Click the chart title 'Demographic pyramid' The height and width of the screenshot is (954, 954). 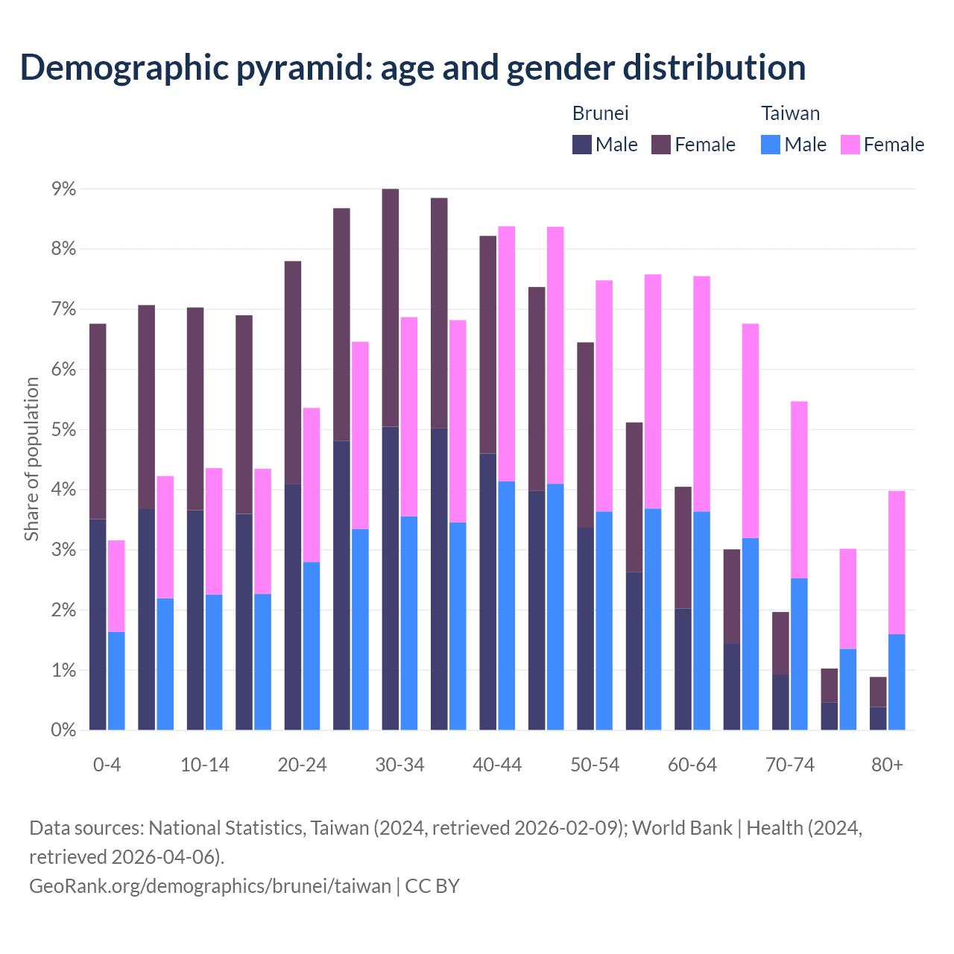(412, 68)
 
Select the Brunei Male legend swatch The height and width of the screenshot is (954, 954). (581, 145)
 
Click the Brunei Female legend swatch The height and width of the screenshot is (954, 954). (661, 145)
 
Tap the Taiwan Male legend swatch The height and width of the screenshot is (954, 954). (771, 145)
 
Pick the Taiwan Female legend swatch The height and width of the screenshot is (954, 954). (850, 145)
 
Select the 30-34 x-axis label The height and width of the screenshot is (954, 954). (399, 765)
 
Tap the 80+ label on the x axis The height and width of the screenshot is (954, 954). (887, 765)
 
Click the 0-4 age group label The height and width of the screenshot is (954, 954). (107, 765)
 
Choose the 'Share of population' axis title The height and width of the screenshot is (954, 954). (31, 459)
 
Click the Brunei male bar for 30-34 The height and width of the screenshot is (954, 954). (391, 578)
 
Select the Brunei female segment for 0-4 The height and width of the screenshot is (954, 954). (98, 421)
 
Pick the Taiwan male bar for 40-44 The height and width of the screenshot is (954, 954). (507, 605)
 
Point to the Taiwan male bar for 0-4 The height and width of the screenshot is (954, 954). (116, 680)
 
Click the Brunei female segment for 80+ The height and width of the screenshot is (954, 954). (878, 692)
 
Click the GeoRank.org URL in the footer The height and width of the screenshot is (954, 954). (210, 886)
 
